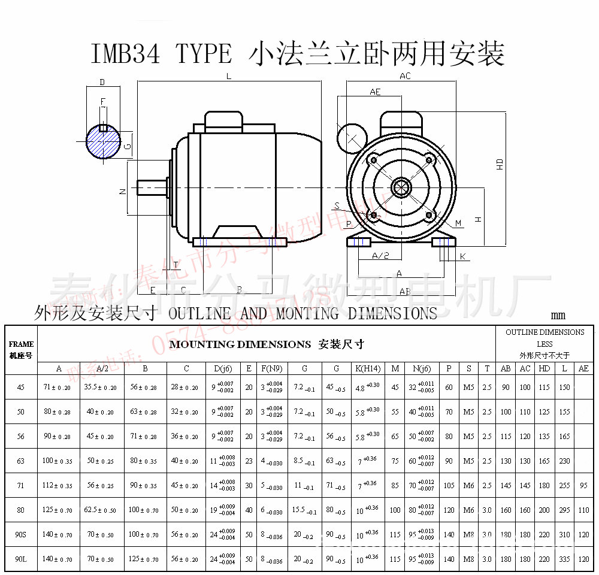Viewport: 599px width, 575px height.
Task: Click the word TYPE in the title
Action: pyautogui.click(x=204, y=54)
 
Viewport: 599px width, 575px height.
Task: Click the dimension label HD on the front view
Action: pyautogui.click(x=500, y=164)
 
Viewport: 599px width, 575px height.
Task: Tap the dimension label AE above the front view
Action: pyautogui.click(x=375, y=92)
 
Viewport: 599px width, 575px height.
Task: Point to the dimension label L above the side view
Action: pyautogui.click(x=229, y=76)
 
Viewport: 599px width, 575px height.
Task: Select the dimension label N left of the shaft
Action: pyautogui.click(x=122, y=191)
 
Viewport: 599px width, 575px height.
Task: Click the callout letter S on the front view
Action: pyautogui.click(x=337, y=206)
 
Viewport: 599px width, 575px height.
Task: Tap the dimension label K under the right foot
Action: pyautogui.click(x=462, y=256)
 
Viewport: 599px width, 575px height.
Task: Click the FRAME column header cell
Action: pyautogui.click(x=22, y=349)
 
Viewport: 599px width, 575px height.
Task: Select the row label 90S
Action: pyautogui.click(x=21, y=534)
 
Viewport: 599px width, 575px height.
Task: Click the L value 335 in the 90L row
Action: pyautogui.click(x=564, y=559)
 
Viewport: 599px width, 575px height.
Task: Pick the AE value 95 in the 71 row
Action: pyautogui.click(x=584, y=486)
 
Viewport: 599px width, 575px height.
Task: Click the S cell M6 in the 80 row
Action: pyautogui.click(x=469, y=510)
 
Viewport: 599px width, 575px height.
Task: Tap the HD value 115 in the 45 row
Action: pyautogui.click(x=544, y=388)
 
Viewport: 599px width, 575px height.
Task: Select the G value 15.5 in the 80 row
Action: pyautogui.click(x=302, y=510)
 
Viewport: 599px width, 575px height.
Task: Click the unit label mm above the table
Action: pyautogui.click(x=558, y=316)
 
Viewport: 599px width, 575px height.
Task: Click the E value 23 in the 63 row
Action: pyautogui.click(x=249, y=461)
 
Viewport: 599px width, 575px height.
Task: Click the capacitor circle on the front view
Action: pyautogui.click(x=352, y=138)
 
